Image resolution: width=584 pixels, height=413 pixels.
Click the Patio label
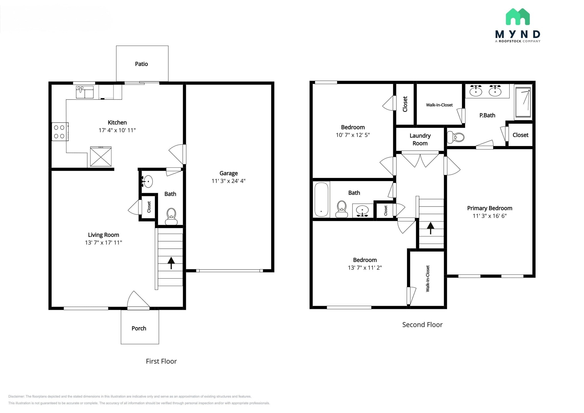(x=141, y=64)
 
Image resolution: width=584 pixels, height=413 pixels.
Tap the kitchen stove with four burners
(x=60, y=131)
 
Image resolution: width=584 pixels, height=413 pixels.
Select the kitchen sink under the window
(x=85, y=92)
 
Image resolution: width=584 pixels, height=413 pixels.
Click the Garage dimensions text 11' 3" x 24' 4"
(x=228, y=181)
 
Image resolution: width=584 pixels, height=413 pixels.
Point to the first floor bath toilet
(x=171, y=216)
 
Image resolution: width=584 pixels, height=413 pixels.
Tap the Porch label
(x=139, y=328)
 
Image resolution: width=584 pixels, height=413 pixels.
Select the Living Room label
(x=104, y=235)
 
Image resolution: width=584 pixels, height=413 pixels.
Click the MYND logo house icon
(x=518, y=17)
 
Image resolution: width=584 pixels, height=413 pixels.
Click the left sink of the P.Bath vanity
(x=476, y=91)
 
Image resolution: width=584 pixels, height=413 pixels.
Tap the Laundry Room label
(x=420, y=139)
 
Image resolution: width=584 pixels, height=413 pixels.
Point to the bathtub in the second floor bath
(x=321, y=200)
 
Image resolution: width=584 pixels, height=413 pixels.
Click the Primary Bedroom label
(x=490, y=208)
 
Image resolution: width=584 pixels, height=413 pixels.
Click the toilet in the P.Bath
(x=455, y=137)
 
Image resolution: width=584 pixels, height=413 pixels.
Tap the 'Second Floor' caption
(x=422, y=325)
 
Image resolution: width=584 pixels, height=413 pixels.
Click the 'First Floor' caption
(x=161, y=361)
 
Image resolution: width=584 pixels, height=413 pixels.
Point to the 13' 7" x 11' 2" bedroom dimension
(x=365, y=268)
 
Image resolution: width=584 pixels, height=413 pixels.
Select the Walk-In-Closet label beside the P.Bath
(x=439, y=105)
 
